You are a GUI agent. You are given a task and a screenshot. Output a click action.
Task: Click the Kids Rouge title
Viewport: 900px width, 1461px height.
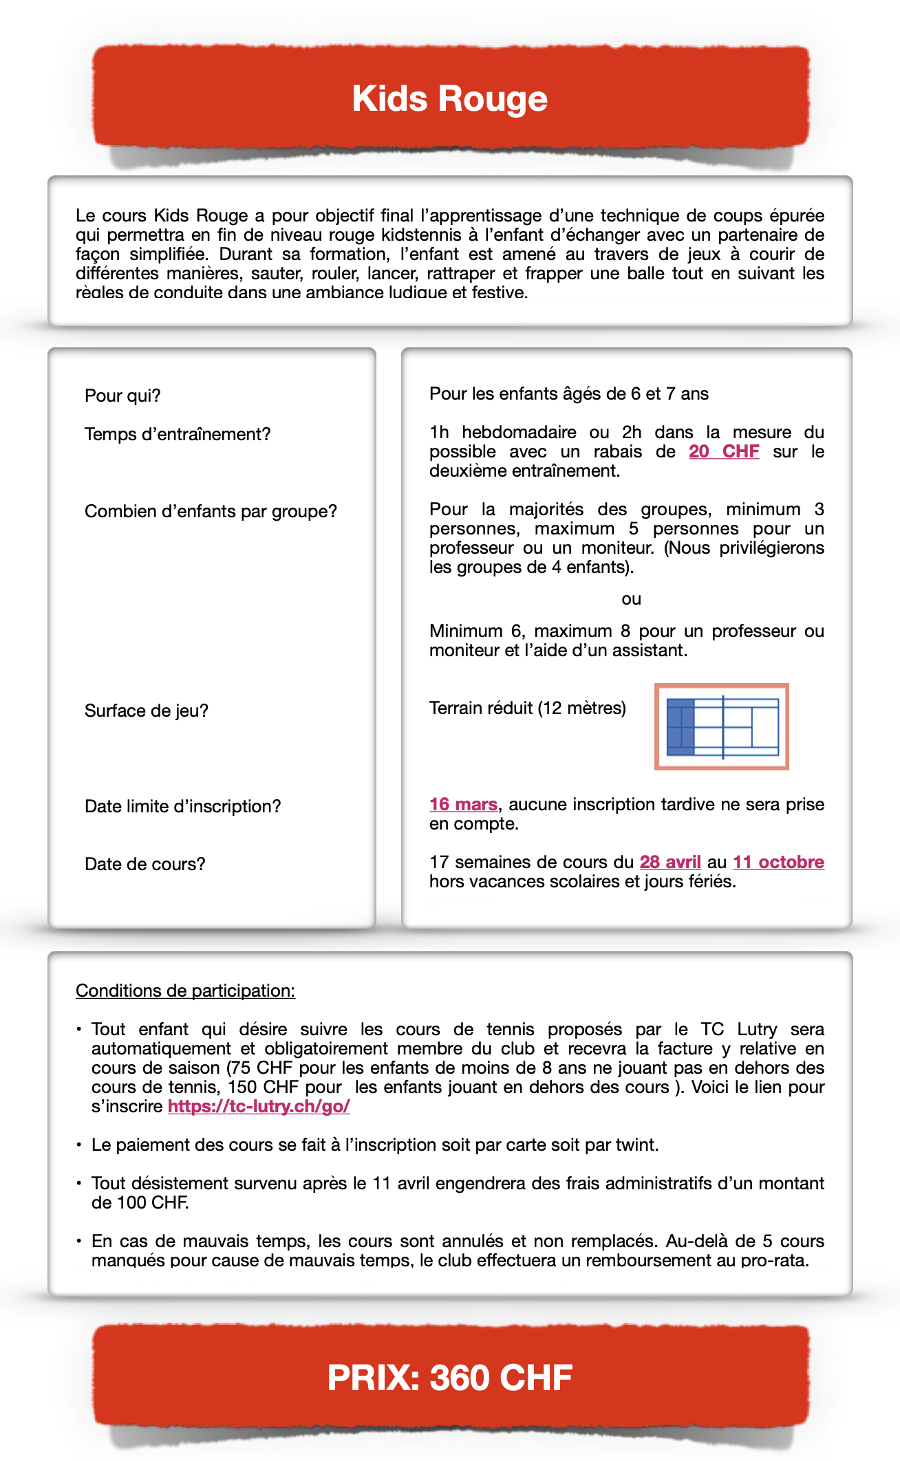(449, 99)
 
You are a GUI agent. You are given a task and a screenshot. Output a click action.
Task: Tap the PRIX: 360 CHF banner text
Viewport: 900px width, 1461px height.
(449, 1377)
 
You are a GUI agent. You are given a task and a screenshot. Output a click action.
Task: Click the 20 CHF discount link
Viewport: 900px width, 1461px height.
(724, 451)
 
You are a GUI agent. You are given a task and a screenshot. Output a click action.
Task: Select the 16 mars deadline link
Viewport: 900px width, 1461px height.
(463, 804)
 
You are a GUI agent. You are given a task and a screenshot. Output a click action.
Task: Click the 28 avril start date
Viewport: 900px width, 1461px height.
(670, 862)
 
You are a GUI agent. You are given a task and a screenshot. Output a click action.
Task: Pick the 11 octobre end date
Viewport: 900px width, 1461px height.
(778, 862)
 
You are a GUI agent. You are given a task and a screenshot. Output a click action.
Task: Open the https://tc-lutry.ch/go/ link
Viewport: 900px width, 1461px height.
(259, 1106)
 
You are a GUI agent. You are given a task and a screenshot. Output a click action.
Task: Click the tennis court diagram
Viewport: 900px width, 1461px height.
(721, 726)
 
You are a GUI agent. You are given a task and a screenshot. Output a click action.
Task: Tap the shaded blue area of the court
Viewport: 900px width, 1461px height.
(681, 727)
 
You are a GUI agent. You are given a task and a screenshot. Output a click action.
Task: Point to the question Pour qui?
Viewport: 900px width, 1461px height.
(122, 396)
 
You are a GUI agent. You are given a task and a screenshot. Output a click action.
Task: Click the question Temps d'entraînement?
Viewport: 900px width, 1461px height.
(178, 434)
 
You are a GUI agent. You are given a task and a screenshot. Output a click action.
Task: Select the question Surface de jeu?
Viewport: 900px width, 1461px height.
(147, 711)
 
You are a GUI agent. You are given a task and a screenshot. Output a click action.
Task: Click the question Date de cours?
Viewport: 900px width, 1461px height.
(145, 864)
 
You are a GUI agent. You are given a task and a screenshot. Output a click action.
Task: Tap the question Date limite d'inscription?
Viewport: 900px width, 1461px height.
(183, 806)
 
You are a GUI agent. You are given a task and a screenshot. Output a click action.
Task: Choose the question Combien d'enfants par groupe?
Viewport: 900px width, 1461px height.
(211, 511)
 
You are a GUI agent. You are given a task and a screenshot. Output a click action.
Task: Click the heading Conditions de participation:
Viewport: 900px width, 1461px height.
(185, 991)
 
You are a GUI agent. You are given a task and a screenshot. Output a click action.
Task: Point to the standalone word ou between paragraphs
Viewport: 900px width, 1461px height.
(631, 599)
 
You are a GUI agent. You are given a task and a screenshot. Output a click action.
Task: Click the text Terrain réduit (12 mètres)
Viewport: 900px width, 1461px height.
(528, 708)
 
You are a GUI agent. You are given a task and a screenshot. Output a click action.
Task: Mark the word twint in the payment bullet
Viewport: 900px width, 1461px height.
(638, 1145)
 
